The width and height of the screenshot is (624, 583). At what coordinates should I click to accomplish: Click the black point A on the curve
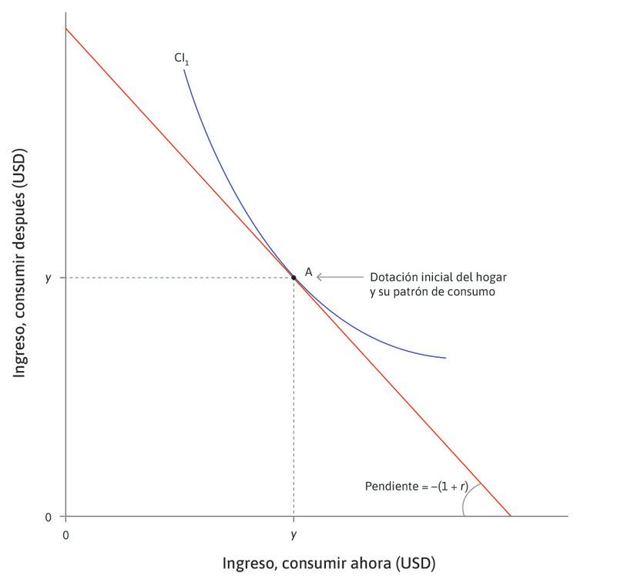294,277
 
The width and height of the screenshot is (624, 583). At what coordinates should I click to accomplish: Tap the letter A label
308,271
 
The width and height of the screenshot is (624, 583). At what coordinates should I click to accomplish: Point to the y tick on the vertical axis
48,277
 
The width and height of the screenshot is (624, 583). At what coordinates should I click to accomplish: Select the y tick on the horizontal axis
294,534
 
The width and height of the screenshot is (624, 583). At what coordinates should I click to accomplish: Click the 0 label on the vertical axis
49,517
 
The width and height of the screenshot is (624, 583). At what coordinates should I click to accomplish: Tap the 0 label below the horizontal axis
65,534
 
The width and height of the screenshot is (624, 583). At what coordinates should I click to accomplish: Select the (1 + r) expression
454,487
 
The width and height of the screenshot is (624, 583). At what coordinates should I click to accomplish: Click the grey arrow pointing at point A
338,276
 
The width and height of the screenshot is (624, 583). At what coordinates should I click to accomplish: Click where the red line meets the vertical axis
66,29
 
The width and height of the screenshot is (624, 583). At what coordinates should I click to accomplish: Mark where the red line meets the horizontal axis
510,516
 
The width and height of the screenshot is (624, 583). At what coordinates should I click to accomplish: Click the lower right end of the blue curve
445,358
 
